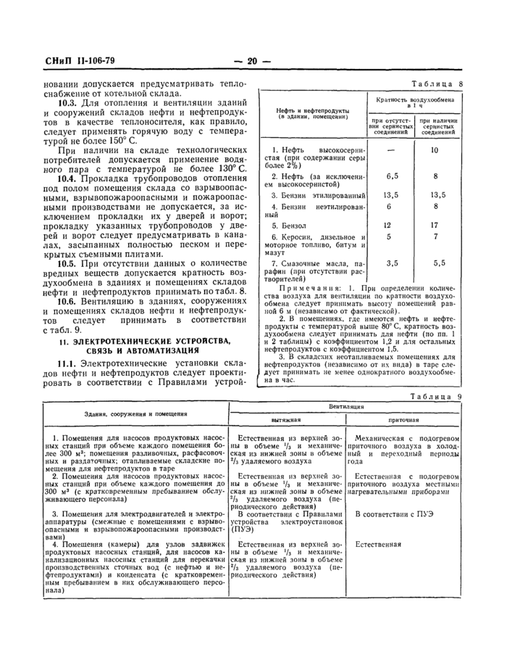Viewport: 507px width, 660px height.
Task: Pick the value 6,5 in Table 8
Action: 393,176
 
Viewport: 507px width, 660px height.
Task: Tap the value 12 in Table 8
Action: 388,226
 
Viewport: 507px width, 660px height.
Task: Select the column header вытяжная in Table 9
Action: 285,419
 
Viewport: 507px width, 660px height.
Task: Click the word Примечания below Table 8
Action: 298,289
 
